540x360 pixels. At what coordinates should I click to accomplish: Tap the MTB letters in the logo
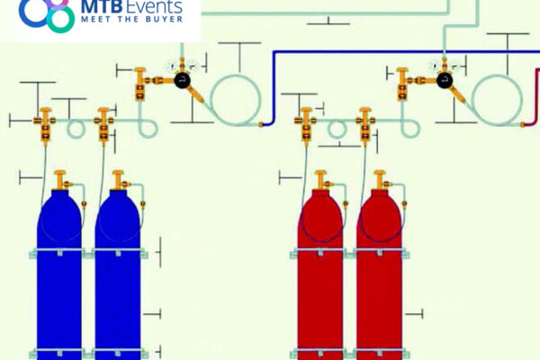pos(102,5)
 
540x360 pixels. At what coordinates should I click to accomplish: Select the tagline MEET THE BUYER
pos(132,19)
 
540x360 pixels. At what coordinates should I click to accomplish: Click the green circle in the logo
pos(61,19)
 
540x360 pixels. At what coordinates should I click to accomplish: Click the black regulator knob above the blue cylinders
pos(182,81)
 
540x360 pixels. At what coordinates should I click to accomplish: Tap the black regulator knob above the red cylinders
pos(445,81)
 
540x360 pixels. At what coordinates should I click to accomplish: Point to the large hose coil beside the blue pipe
pos(236,99)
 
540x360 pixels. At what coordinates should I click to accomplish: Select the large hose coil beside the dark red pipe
pos(498,99)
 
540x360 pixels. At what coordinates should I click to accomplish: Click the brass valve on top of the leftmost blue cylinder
pos(61,180)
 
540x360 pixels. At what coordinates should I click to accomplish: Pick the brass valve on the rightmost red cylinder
pos(381,180)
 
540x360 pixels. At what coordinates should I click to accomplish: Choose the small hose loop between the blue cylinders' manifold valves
pos(76,129)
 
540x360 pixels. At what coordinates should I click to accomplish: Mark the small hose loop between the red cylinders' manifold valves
pos(337,129)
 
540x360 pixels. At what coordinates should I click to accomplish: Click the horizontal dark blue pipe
pos(407,52)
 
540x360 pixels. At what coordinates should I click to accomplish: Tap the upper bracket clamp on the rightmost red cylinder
pos(380,253)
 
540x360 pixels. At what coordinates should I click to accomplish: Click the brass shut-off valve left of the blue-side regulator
pos(139,84)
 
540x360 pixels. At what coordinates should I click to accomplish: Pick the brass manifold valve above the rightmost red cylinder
pos(365,125)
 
